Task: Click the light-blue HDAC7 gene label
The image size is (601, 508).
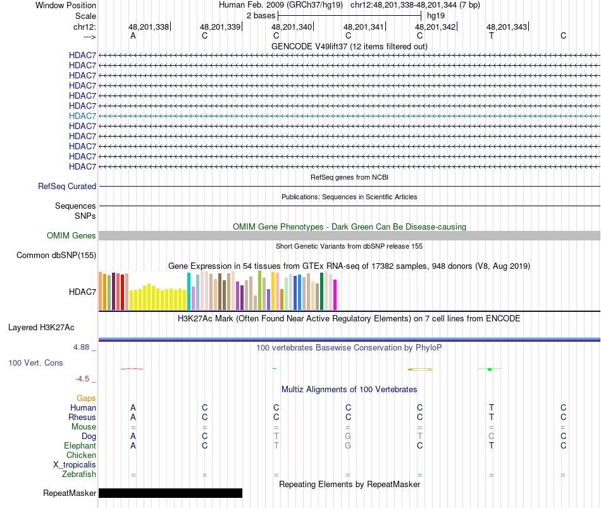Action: (82, 116)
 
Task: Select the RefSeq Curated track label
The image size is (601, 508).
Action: (67, 187)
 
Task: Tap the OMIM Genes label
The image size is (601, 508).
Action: (71, 235)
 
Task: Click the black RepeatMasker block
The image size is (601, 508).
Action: (170, 493)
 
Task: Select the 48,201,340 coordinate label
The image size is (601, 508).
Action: (292, 27)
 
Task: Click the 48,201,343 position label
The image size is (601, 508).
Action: (506, 27)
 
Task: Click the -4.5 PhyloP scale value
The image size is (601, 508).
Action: (82, 379)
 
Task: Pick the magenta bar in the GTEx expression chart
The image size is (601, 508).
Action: (335, 295)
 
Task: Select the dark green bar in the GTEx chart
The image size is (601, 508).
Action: (322, 291)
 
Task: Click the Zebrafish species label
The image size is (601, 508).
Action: (79, 474)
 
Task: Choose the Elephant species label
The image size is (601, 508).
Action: (80, 445)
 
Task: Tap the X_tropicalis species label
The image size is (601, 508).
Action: (75, 465)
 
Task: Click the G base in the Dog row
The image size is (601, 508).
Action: (348, 436)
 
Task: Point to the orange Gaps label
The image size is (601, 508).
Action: (86, 398)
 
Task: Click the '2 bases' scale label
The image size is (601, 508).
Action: (260, 15)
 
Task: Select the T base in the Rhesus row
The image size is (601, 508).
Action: (491, 417)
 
